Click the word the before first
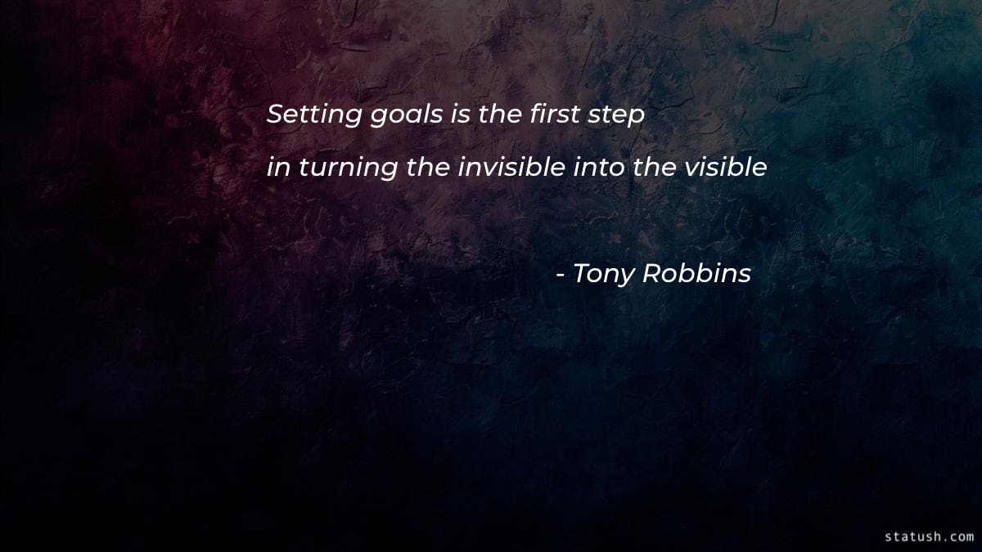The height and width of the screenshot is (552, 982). click(x=498, y=115)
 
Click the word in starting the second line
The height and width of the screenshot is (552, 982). click(x=278, y=168)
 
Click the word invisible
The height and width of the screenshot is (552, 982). click(x=511, y=168)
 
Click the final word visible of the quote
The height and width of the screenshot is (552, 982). click(x=726, y=168)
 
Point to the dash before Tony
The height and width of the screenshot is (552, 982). click(x=560, y=276)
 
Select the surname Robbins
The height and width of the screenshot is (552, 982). click(x=697, y=274)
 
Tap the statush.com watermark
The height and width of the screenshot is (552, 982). click(x=929, y=536)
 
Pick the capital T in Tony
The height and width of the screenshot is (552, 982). click(x=580, y=274)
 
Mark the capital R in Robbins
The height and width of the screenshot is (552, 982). click(x=651, y=274)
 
